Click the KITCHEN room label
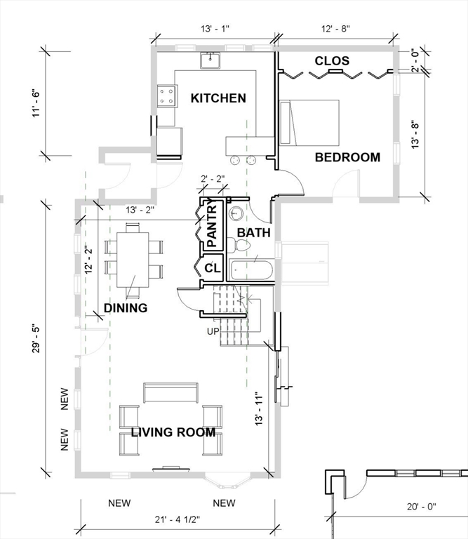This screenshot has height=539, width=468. point(218,98)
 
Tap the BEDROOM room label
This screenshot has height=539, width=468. point(347,157)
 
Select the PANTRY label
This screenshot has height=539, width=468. point(213,226)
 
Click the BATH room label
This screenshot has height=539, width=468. point(250,232)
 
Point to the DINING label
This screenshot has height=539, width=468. point(126,308)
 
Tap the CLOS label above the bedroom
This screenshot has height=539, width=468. point(332,61)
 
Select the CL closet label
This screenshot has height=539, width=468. point(213,267)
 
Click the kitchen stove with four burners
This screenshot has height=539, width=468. point(167,95)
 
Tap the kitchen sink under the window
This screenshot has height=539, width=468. point(210,61)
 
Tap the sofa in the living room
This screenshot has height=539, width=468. point(171,392)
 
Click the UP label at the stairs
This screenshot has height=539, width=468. point(213,331)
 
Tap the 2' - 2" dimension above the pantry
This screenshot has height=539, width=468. point(212,178)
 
